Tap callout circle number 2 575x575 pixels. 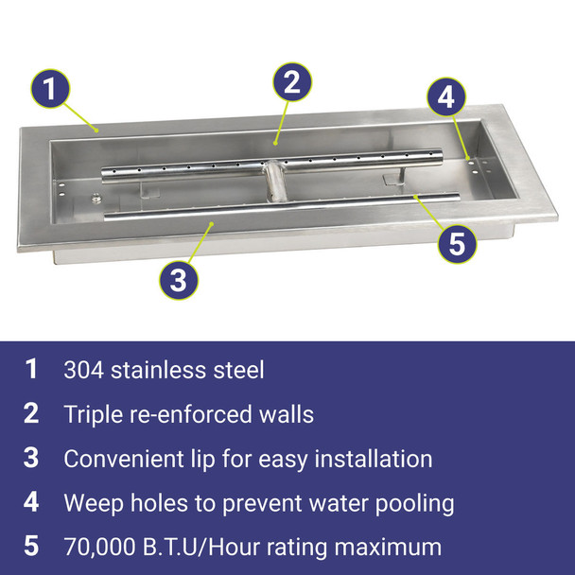(x=292, y=81)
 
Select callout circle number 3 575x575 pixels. (x=179, y=279)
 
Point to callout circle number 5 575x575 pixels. (x=457, y=243)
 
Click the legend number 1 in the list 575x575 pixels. (x=31, y=369)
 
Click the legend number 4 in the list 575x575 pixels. (x=31, y=502)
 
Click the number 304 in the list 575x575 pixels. (x=83, y=369)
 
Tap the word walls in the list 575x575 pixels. (x=286, y=413)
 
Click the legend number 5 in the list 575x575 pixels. (x=31, y=547)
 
